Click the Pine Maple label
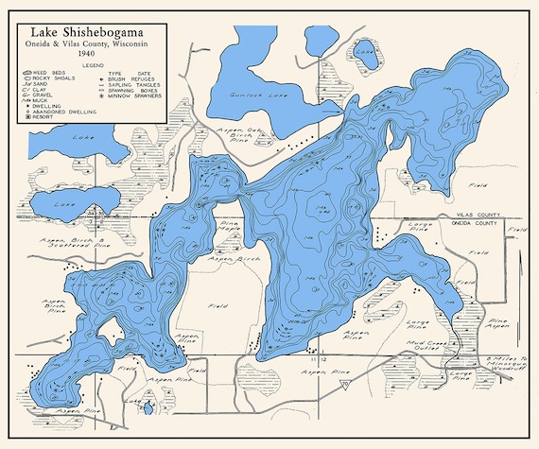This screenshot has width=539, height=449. tap(229, 227)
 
